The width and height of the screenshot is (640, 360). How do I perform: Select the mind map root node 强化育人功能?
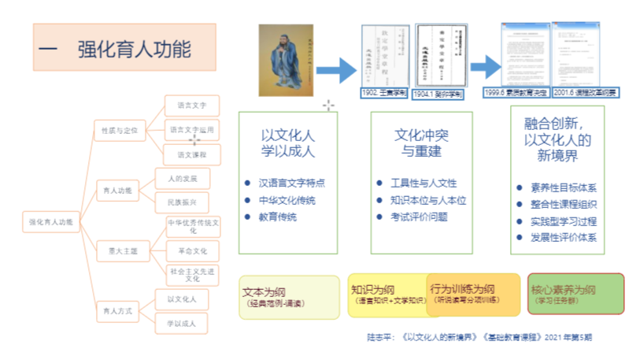point(50,222)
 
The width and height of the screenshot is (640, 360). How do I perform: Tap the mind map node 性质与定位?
point(115,129)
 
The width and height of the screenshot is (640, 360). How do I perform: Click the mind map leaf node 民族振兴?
point(183,202)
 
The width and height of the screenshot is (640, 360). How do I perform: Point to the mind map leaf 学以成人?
point(181,323)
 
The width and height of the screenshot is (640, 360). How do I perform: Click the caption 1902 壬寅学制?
point(384,93)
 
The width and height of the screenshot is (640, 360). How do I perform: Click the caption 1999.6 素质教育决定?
point(516,93)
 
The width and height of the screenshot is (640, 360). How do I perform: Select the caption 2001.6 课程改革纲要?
point(585,93)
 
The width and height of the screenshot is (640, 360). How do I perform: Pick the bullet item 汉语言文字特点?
point(290,183)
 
